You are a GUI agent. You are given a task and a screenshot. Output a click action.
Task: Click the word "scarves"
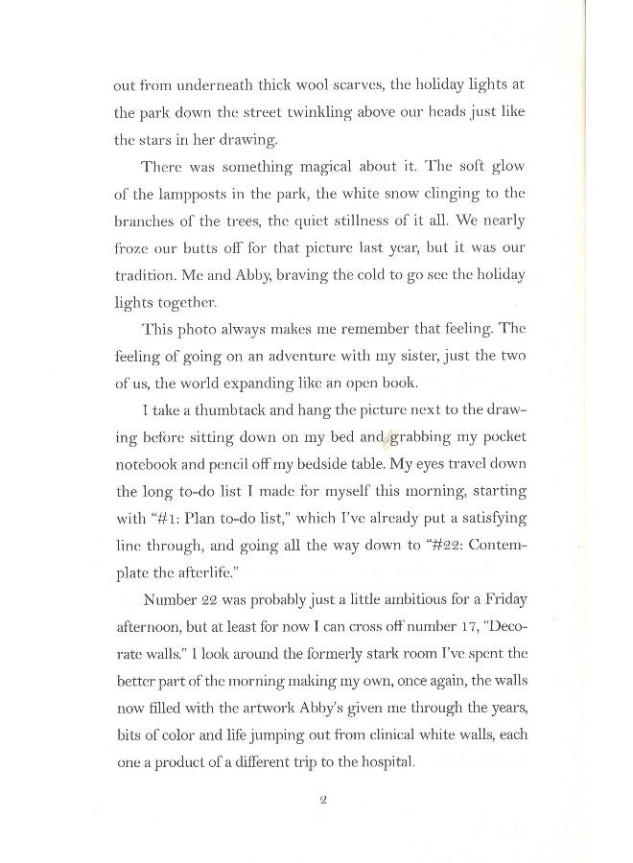326,85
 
